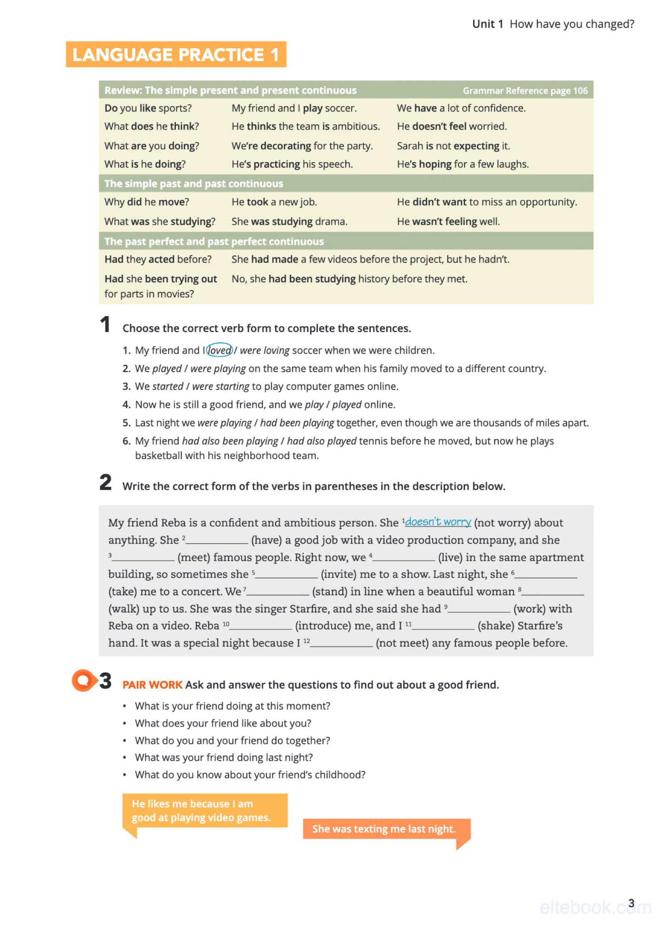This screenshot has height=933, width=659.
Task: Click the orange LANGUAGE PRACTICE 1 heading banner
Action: click(x=176, y=54)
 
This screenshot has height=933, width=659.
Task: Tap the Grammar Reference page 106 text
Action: click(x=525, y=91)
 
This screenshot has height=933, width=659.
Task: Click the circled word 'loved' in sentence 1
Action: click(x=219, y=350)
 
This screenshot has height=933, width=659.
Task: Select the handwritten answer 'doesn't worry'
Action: click(x=438, y=522)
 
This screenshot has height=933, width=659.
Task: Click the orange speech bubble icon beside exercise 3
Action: click(x=83, y=680)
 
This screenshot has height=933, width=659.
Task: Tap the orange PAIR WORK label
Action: click(x=152, y=684)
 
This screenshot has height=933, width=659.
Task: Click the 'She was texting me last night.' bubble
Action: click(x=384, y=829)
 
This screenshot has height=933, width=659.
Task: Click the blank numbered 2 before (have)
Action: click(x=217, y=541)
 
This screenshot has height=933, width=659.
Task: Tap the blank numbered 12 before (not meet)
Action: click(x=342, y=643)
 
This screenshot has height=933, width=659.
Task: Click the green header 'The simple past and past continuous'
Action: click(x=194, y=184)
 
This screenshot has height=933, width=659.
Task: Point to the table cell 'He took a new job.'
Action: click(x=274, y=202)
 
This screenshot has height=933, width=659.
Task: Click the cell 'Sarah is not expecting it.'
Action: click(x=453, y=146)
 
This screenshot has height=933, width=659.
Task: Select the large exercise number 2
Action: click(x=106, y=483)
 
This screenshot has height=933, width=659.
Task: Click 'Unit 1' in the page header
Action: click(x=487, y=24)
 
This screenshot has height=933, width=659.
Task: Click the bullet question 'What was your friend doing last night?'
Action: click(x=224, y=757)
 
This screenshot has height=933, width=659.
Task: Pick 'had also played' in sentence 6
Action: click(x=321, y=441)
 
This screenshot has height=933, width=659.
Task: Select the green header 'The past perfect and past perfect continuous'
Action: click(x=214, y=241)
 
